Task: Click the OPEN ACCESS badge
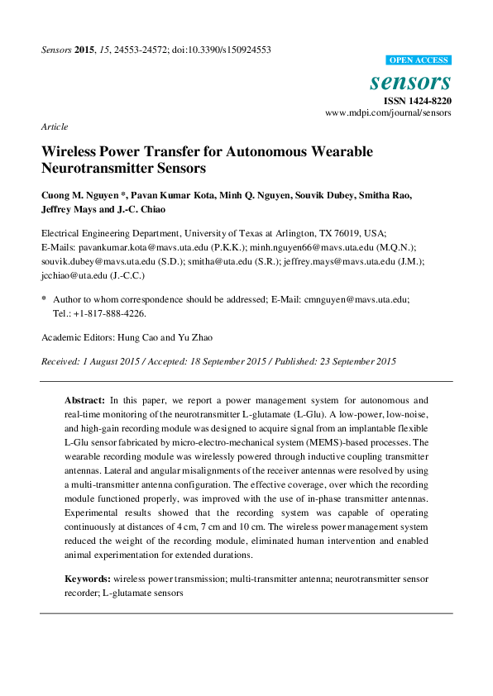tap(419, 60)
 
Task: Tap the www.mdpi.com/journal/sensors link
tap(388, 112)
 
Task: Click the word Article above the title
tap(54, 126)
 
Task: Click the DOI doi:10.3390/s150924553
tap(221, 50)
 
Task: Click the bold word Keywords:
tap(89, 579)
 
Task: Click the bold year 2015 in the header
tap(85, 50)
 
